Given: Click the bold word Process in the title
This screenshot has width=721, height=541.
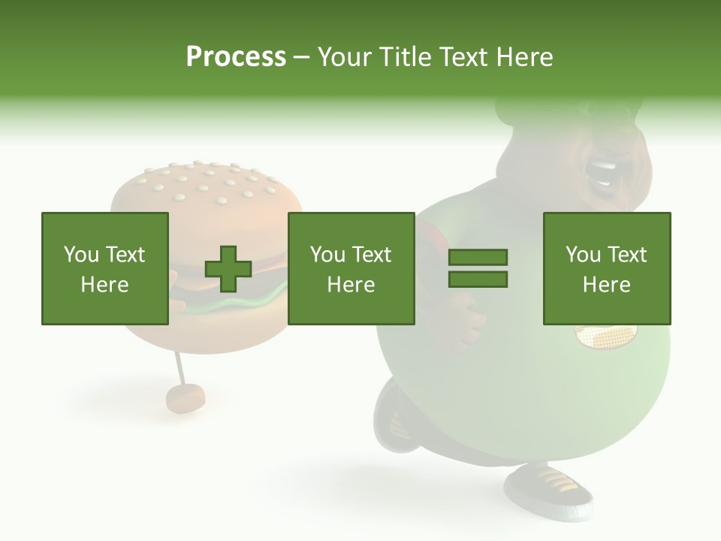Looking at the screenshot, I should [236, 57].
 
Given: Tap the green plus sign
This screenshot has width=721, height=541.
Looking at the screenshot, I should [228, 269].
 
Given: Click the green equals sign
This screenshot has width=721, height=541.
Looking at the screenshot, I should [478, 268].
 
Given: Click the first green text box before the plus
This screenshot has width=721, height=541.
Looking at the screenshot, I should [105, 268].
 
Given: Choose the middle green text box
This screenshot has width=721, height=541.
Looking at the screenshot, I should [351, 268].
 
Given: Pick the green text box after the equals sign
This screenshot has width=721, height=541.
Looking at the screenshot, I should [607, 268].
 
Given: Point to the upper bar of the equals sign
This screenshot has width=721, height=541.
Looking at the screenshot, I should [478, 258].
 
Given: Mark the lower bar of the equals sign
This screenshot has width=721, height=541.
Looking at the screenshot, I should [478, 279].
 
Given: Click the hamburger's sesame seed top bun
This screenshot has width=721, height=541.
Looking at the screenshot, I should [207, 188].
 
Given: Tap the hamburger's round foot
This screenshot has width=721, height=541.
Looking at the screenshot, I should [185, 398].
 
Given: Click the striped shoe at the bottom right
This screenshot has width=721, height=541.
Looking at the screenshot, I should [548, 488].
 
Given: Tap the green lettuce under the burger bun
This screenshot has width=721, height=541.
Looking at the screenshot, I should [225, 305].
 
